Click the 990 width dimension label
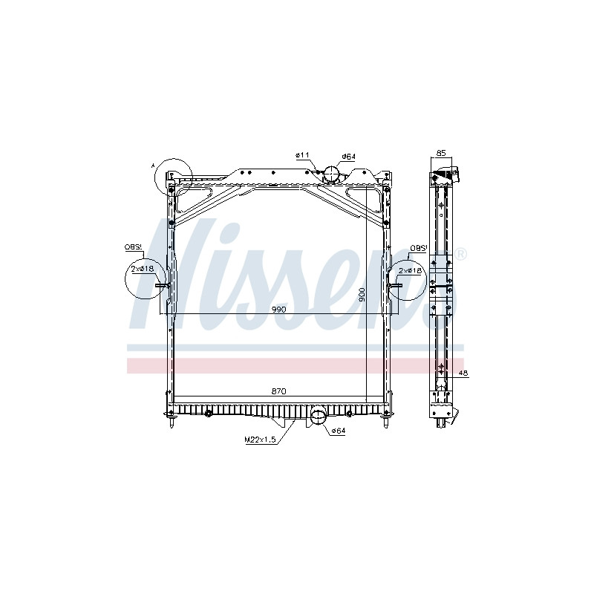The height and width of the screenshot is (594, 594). [278, 310]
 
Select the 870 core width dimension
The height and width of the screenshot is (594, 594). [278, 391]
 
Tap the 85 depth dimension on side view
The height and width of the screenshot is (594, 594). [441, 154]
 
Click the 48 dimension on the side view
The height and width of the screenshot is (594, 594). [463, 373]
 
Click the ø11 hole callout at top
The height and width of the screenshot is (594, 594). [303, 155]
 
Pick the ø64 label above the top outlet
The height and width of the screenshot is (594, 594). [348, 157]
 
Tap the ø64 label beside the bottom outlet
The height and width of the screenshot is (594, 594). [338, 431]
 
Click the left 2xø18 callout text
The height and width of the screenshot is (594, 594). [142, 269]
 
